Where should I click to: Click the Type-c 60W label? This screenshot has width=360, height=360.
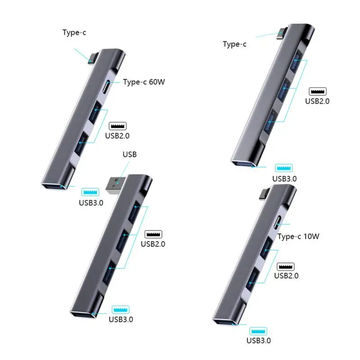click(144, 82)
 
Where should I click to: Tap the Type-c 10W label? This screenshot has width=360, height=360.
click(298, 237)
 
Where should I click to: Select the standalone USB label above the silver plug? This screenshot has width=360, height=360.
click(130, 155)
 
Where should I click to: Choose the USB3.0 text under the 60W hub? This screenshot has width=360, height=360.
click(91, 202)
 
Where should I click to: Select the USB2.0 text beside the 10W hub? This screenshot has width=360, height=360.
click(286, 276)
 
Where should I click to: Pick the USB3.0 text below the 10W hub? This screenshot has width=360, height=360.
click(259, 341)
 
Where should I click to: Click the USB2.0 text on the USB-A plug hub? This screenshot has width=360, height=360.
click(153, 244)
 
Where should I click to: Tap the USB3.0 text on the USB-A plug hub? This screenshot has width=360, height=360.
click(121, 319)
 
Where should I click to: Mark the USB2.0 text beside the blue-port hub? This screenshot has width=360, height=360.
click(317, 101)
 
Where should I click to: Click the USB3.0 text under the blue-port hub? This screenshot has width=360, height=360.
click(284, 178)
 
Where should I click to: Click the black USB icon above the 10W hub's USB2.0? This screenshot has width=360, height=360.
click(286, 266)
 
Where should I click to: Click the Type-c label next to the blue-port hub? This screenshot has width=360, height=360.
click(235, 44)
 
